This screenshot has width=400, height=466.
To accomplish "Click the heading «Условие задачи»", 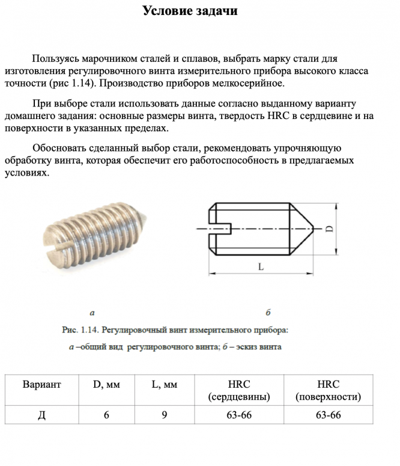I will point(190,11).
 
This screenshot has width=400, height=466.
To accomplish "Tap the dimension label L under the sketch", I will point(261,268).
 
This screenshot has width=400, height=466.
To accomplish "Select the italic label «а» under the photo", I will point(92,312).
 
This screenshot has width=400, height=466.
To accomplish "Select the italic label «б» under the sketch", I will point(268,312).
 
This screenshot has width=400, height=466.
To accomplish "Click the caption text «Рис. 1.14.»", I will point(81,330).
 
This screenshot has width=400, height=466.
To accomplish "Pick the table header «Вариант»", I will point(41,385).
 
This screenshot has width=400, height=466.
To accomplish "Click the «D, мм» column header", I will point(106,385).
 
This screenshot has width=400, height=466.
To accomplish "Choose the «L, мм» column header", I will point(164,385).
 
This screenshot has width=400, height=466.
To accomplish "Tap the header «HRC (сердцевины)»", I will point(239,391).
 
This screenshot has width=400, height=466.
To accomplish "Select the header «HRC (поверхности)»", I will point(328,391).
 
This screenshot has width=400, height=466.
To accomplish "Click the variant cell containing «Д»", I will point(41,415).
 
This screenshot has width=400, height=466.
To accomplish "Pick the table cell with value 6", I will point(106,415).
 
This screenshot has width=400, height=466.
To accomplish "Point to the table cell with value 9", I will point(164,415).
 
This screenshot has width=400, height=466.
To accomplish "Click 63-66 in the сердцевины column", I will point(239,415).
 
